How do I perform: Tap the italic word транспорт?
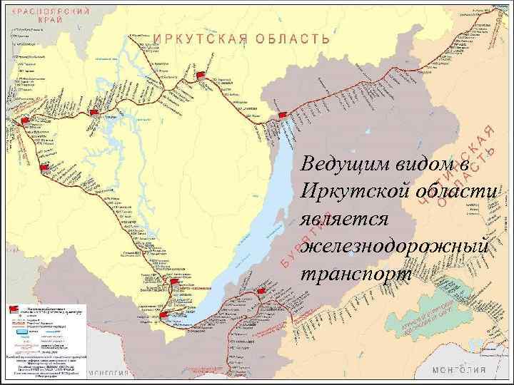click(x=356, y=274)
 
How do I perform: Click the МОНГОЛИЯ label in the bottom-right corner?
click(x=460, y=370)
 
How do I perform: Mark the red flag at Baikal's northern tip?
click(x=283, y=115)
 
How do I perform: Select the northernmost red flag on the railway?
click(x=202, y=75)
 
